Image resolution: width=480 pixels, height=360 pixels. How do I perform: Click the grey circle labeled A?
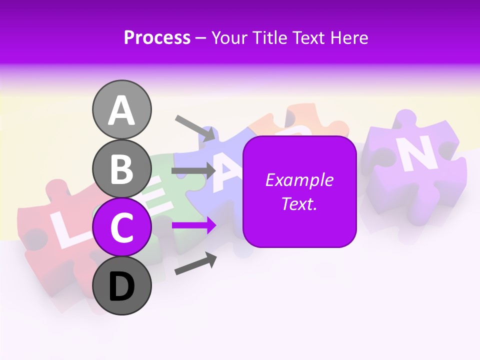pyautogui.click(x=121, y=109)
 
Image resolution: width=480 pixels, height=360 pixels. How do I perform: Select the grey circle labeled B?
pyautogui.click(x=121, y=168)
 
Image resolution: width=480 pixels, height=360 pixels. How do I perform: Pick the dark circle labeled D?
pyautogui.click(x=121, y=285)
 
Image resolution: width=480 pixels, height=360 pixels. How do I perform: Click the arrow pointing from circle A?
pyautogui.click(x=195, y=128)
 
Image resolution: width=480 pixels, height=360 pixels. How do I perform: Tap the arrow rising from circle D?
pyautogui.click(x=195, y=264)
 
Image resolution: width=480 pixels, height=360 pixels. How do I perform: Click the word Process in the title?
pyautogui.click(x=157, y=37)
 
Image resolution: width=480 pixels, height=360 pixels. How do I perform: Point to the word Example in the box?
pyautogui.click(x=299, y=180)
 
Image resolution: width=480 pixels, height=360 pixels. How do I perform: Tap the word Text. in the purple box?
pyautogui.click(x=299, y=203)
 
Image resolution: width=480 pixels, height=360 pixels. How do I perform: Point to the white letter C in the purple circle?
pyautogui.click(x=121, y=227)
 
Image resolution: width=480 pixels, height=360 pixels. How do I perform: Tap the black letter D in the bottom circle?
pyautogui.click(x=121, y=286)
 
